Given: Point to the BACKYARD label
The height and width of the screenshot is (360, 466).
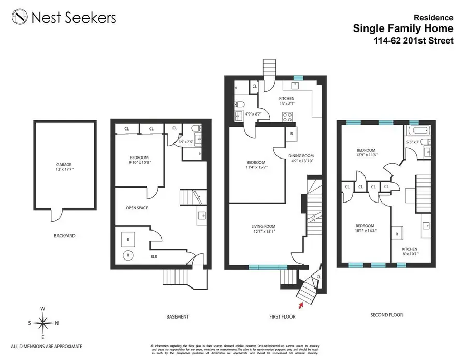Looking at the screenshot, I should point(64,236).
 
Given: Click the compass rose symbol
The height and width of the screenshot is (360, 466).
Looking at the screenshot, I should point(43,323).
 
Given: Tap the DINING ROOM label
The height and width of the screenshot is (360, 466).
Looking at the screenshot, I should point(301,156).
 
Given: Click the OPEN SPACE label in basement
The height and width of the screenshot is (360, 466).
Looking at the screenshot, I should point(137,208).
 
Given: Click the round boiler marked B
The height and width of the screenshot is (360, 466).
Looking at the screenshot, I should point(127,255).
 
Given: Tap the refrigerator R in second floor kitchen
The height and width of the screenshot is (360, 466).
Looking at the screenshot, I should point(396,234).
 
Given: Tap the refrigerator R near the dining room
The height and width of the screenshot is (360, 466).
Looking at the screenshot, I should point(292,133).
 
